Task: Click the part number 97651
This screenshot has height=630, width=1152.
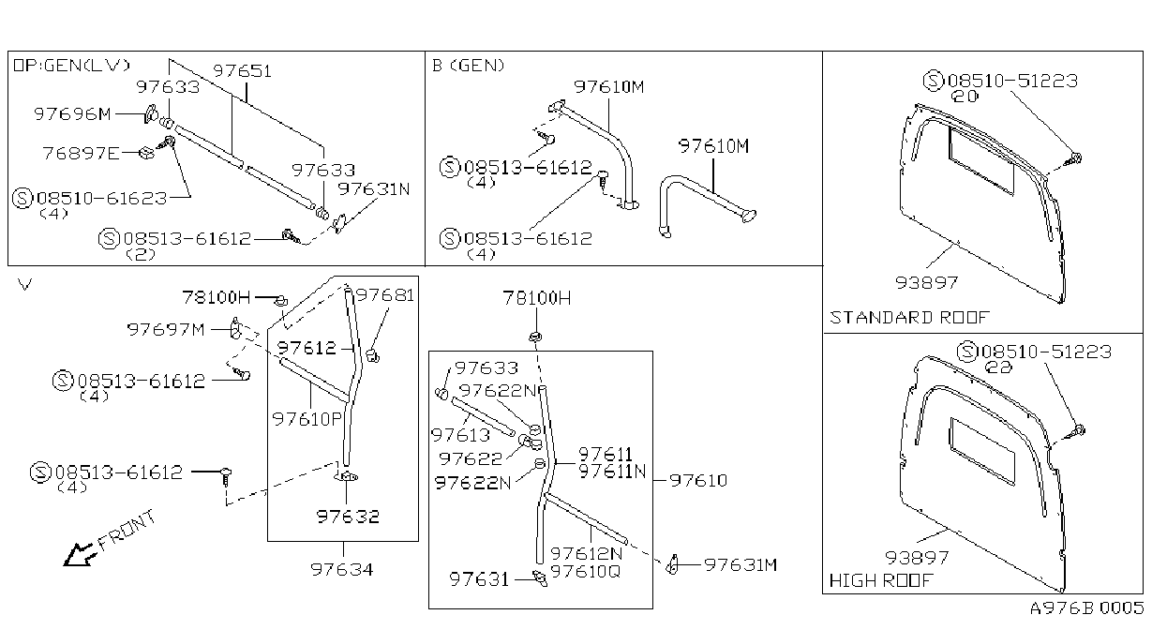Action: (x=242, y=71)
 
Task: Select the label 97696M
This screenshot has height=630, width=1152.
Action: (x=72, y=113)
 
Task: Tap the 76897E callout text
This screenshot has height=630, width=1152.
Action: (x=81, y=153)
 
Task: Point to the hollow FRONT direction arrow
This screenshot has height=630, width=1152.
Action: (x=78, y=555)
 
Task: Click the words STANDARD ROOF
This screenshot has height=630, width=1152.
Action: (x=909, y=317)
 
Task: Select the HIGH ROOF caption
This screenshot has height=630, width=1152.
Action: (x=880, y=580)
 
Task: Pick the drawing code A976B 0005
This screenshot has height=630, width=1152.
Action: (x=1086, y=608)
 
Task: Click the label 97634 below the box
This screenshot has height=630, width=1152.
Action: (x=341, y=569)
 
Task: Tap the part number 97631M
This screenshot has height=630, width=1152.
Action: (x=741, y=565)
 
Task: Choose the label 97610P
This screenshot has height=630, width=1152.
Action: (x=307, y=419)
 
